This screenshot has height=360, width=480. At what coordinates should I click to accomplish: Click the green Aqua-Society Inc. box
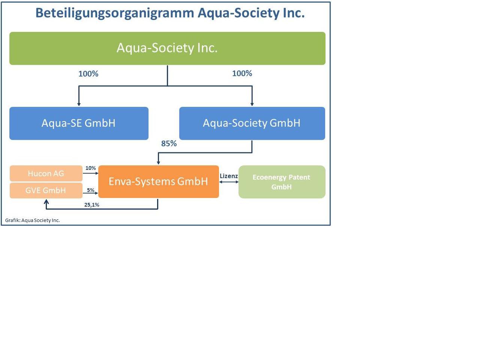click(x=167, y=48)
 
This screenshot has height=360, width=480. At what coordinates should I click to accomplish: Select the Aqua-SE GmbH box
click(x=79, y=123)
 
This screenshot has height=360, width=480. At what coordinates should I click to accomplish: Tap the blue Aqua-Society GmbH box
click(x=252, y=123)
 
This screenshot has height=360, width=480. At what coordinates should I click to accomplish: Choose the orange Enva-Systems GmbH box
click(x=158, y=181)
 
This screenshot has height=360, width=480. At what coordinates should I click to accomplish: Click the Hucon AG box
click(x=46, y=174)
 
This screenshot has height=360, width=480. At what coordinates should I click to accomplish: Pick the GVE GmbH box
click(x=46, y=190)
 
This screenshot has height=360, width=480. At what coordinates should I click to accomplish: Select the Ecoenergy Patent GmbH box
click(x=282, y=182)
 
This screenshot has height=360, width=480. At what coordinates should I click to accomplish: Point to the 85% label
click(x=169, y=144)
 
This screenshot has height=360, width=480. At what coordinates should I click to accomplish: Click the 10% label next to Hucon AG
click(x=90, y=168)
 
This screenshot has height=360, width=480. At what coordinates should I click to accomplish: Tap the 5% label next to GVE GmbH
click(x=90, y=190)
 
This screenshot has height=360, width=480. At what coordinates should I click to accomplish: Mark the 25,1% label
click(x=91, y=205)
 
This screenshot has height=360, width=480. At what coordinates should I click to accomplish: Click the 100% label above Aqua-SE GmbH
click(x=88, y=74)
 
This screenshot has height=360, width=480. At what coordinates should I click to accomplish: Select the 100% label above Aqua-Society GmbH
click(x=242, y=73)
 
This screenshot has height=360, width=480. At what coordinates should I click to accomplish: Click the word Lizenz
click(x=228, y=176)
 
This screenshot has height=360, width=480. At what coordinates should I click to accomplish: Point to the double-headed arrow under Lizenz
click(x=229, y=182)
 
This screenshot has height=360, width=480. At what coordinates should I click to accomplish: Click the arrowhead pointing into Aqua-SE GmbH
click(x=79, y=104)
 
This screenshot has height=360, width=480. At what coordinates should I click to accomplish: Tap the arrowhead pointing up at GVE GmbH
click(x=46, y=202)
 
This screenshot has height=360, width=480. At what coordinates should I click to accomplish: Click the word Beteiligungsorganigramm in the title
click(x=114, y=13)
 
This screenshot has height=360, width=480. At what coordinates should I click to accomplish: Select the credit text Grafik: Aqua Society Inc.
click(x=33, y=220)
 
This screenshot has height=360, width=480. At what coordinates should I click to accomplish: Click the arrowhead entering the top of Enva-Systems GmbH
click(x=158, y=162)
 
